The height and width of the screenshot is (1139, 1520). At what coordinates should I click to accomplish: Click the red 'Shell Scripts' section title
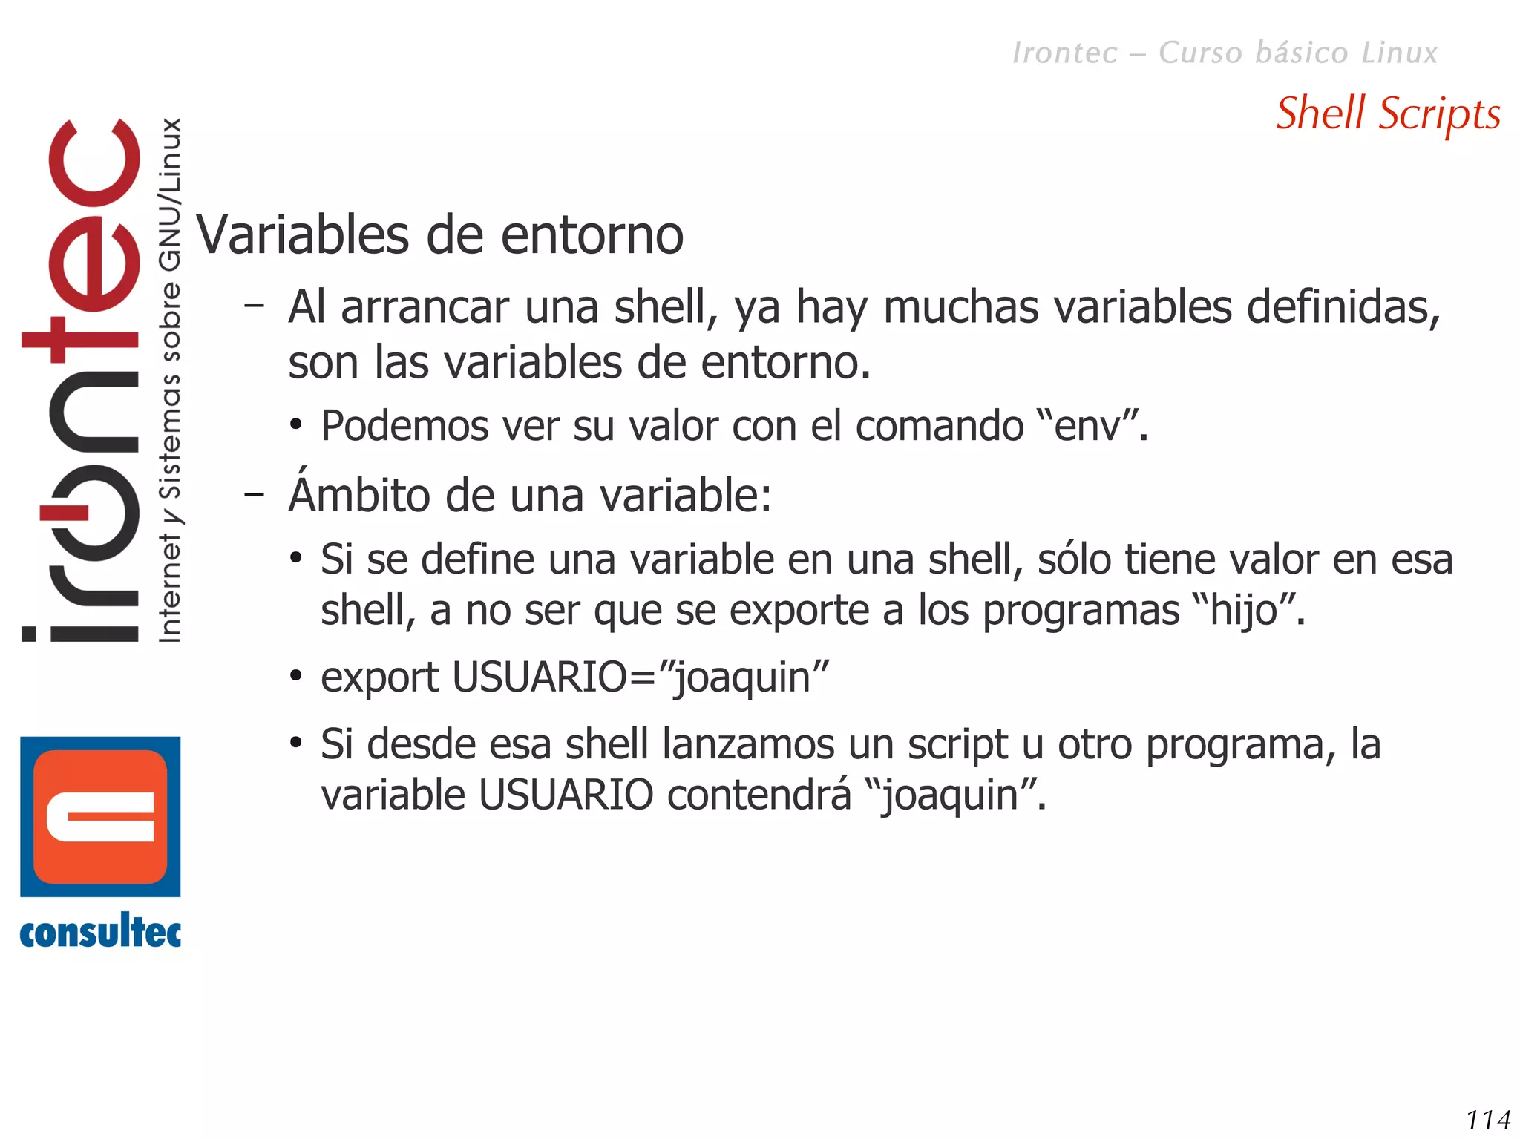(1388, 114)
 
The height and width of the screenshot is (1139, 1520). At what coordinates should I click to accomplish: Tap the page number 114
(1488, 1119)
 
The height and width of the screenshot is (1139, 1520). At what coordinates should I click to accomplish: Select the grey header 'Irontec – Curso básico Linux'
(1225, 53)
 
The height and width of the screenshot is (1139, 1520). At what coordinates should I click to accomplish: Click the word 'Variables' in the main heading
(303, 235)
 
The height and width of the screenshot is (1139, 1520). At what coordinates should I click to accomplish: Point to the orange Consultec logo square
(100, 816)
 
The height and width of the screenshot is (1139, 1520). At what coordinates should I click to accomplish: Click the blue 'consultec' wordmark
(100, 932)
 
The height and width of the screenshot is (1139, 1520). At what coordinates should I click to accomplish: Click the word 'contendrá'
(759, 795)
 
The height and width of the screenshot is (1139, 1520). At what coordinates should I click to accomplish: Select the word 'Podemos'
(404, 426)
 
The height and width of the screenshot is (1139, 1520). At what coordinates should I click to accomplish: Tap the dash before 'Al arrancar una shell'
(255, 304)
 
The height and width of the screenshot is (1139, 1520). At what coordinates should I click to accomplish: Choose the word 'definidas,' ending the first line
(1343, 306)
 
